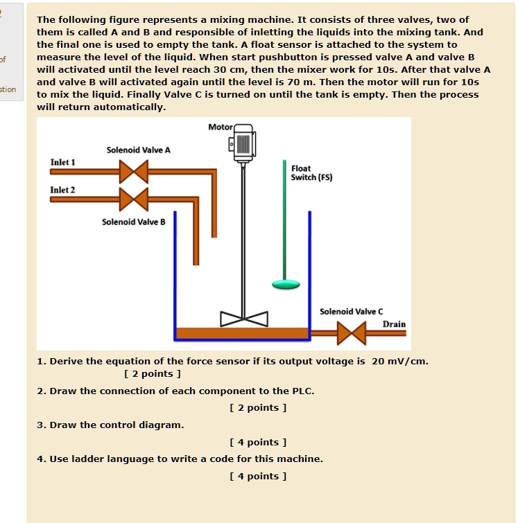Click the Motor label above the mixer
tap(220, 127)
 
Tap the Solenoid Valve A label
tap(138, 150)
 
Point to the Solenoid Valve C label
tap(351, 312)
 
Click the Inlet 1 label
tap(62, 162)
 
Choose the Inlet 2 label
tap(62, 190)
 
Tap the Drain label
tap(394, 324)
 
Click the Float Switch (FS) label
tap(311, 172)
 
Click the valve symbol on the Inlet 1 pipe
tap(134, 171)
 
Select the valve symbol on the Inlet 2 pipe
tap(134, 199)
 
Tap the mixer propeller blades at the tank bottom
tap(244, 319)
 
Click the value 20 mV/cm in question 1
tap(400, 361)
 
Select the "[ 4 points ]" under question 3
tap(257, 442)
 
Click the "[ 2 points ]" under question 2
tap(257, 407)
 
